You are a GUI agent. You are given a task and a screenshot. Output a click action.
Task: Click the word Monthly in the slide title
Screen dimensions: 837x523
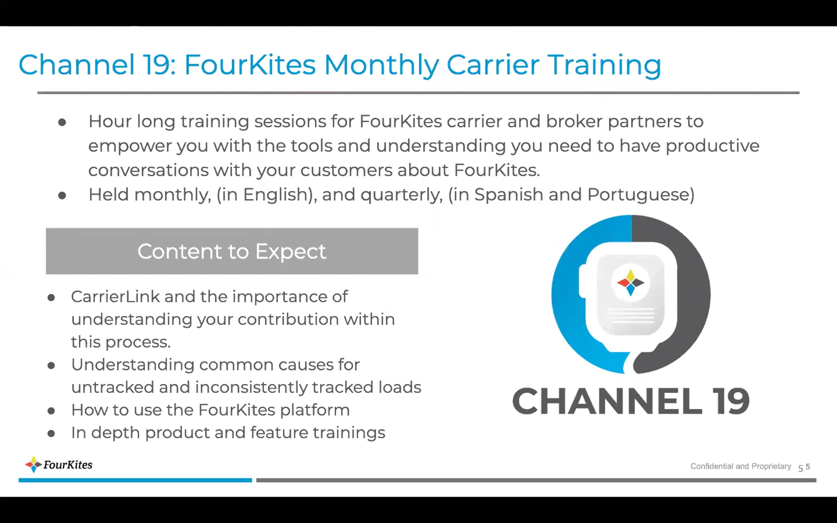pos(382,66)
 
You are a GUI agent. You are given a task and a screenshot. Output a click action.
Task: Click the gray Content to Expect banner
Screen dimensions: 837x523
pos(232,251)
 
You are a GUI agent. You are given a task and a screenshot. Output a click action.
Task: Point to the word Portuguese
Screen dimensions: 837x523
pos(641,195)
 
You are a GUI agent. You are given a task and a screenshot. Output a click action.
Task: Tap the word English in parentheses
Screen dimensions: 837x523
pos(278,195)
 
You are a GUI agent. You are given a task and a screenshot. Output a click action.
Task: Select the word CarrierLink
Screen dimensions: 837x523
pos(115,297)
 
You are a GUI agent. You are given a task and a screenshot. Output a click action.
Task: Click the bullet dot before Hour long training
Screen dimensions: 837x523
pos(62,122)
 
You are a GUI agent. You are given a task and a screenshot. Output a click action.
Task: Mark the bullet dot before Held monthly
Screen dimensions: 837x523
pos(62,195)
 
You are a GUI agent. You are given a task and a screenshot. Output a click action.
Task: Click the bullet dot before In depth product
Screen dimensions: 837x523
pos(51,433)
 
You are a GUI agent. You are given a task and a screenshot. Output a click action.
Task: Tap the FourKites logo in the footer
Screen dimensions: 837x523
pos(59,464)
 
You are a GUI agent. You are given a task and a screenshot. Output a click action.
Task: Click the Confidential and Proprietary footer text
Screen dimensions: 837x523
pos(741,466)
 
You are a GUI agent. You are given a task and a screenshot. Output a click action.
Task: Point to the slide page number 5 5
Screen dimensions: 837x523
pos(804,467)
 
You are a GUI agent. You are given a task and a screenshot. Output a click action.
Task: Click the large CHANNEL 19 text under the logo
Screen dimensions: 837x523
pos(631,401)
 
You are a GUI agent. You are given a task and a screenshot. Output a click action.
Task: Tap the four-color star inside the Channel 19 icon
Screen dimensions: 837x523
pos(631,282)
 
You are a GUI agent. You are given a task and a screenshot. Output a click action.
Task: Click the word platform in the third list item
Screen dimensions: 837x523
pos(315,410)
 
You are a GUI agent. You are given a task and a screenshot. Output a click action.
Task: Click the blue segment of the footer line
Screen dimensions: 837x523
pos(135,480)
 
